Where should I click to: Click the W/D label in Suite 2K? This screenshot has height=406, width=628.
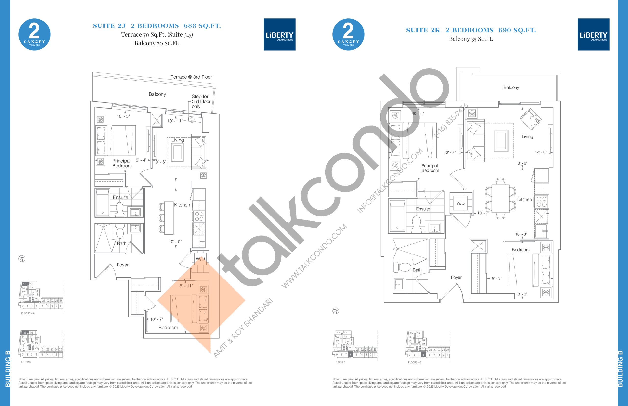(x=460, y=203)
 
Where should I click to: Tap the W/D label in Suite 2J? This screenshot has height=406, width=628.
(x=200, y=259)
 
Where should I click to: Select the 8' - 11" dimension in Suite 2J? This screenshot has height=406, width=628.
(x=186, y=286)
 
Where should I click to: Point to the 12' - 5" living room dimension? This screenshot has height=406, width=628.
(x=540, y=152)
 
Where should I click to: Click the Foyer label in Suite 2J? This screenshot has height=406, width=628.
(x=123, y=265)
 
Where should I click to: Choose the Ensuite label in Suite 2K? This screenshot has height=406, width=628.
(x=423, y=209)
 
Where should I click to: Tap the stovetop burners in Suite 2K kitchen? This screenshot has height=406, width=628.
(x=541, y=202)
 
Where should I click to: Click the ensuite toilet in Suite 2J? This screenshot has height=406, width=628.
(x=120, y=209)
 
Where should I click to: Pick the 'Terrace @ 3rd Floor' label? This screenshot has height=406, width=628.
(x=191, y=77)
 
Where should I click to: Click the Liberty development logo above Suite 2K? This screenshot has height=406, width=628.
(x=593, y=34)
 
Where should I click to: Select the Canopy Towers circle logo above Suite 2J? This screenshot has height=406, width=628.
(x=34, y=34)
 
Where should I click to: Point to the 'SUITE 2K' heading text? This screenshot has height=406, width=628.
(x=423, y=30)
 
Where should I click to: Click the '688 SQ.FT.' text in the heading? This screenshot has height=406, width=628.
(x=202, y=26)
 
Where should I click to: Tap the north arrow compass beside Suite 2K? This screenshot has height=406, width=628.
(x=336, y=311)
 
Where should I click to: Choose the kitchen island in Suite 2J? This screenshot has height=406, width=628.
(x=169, y=218)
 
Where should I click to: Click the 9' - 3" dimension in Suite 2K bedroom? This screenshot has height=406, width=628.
(x=497, y=278)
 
